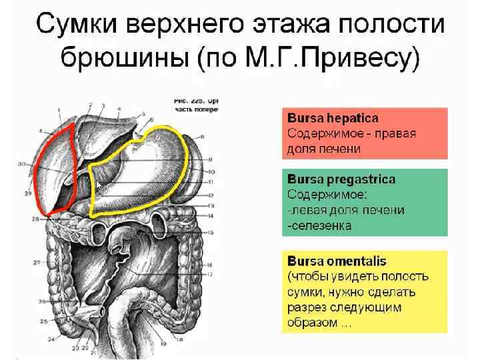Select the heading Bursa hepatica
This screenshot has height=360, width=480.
click(x=333, y=118)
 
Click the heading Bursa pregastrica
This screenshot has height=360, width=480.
click(x=341, y=180)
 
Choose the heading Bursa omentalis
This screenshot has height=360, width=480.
click(x=337, y=261)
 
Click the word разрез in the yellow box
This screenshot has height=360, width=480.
click(x=311, y=308)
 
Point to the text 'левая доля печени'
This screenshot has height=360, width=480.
click(x=347, y=210)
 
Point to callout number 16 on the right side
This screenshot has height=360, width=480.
click(x=209, y=264)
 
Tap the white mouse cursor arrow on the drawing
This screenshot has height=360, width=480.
click(x=99, y=184)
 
